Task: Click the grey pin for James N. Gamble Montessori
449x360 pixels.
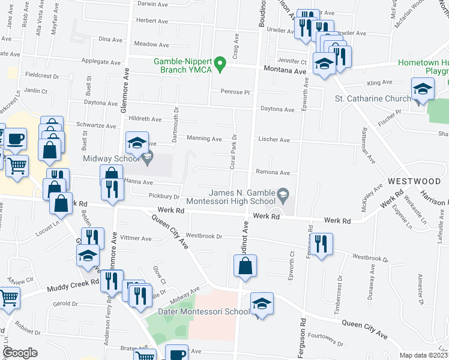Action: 285,194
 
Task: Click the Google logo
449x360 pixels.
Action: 20,353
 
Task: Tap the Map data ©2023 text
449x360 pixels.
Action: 424,355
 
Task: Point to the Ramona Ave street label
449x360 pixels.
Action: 273,172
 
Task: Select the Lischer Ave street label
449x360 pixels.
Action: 274,140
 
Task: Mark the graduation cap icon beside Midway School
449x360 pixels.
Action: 137,144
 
